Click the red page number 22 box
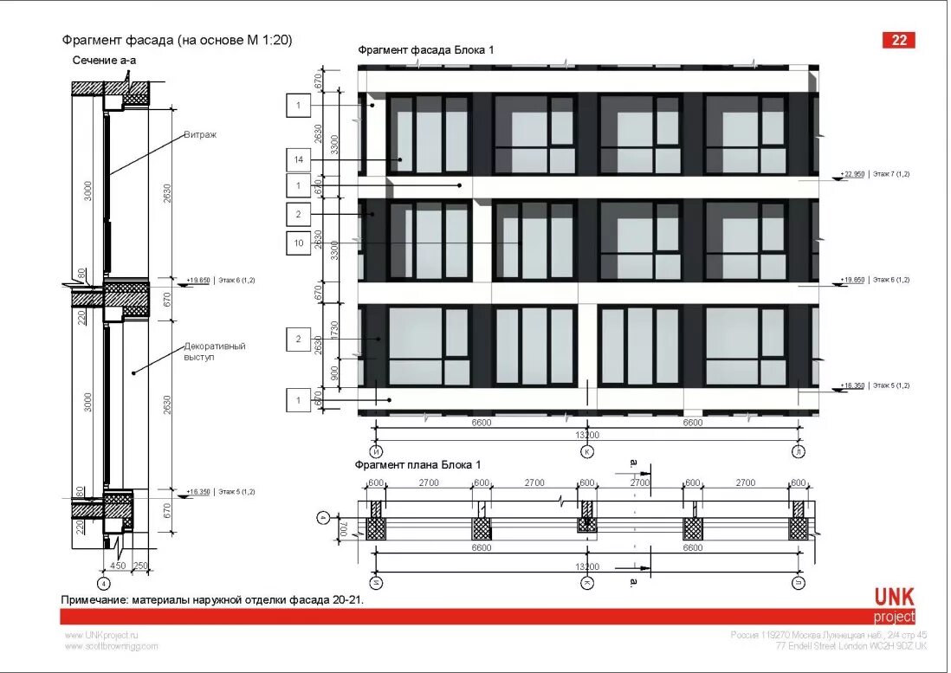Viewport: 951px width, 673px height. pos(899,40)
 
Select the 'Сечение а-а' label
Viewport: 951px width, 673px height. pos(105,60)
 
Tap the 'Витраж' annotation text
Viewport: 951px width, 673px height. pos(199,135)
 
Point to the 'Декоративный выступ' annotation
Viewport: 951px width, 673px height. pos(214,351)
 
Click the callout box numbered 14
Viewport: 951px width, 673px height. pos(298,159)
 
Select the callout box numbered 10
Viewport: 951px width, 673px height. pos(298,243)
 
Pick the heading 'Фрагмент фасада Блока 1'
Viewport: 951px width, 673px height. pos(426,50)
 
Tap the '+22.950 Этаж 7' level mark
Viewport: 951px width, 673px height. pos(875,174)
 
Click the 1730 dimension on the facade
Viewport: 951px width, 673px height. pos(335,329)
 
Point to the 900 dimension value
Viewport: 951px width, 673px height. pos(335,371)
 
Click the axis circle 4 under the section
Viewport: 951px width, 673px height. pos(104,582)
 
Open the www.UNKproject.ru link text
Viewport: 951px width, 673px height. pos(101,635)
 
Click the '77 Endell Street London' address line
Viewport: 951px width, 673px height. pos(851,646)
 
